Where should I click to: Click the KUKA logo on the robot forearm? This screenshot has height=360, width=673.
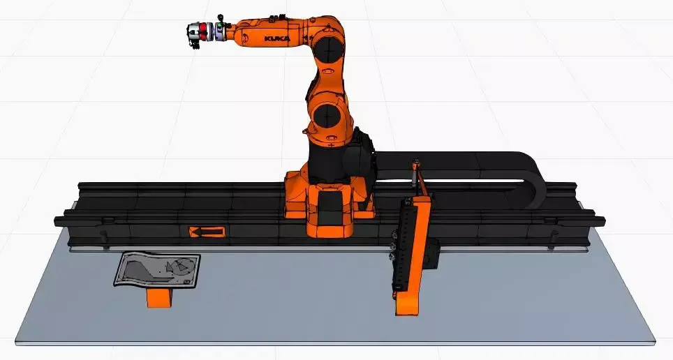[277, 38]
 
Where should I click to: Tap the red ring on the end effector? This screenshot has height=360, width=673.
[203, 32]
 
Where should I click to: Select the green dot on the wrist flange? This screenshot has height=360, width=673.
[220, 27]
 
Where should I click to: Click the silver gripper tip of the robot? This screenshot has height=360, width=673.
[192, 32]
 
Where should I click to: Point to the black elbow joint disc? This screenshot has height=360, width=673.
[328, 47]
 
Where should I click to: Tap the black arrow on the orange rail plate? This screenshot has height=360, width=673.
[207, 232]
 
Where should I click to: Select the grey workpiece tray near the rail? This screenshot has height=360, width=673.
[157, 269]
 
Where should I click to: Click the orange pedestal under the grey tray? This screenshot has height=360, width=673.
[159, 297]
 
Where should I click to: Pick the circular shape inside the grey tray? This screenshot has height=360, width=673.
[179, 266]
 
